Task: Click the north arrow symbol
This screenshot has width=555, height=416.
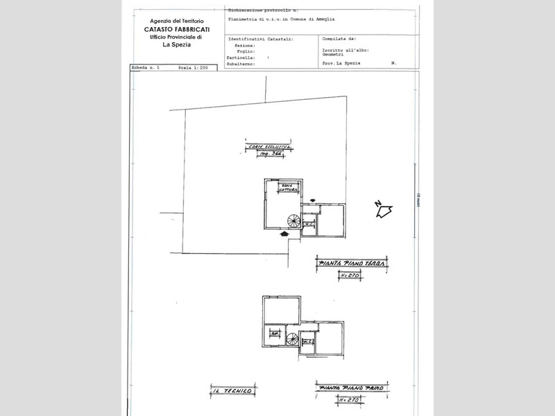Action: coord(383,209)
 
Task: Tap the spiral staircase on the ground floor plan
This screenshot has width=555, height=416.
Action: coord(293,221)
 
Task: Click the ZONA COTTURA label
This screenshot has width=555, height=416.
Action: coord(289,188)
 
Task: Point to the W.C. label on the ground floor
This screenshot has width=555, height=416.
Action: coord(310,223)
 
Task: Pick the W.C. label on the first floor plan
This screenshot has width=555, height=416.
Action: coord(309,340)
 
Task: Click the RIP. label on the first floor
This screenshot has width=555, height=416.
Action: coord(275,333)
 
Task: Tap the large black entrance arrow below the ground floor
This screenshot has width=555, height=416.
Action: coord(284,234)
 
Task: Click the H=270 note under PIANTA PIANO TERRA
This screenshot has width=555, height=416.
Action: coord(349,276)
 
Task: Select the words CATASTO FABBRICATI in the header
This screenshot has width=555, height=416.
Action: coord(173,30)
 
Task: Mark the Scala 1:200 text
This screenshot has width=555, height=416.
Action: coord(194,69)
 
